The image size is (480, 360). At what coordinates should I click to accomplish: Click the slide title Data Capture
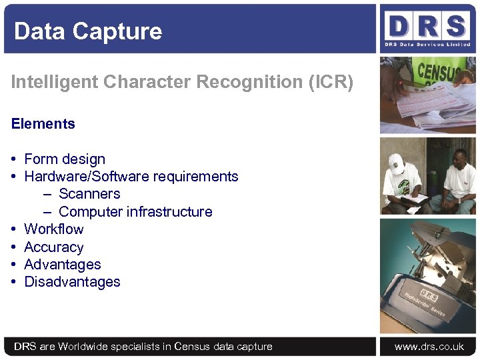coord(88,31)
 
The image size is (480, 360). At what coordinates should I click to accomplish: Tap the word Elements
coord(43,123)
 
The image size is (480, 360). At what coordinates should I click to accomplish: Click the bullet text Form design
coord(65,159)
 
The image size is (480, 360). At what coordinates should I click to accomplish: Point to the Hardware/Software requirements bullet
coord(131,176)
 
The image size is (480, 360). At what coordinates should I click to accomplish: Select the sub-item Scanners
coord(89,194)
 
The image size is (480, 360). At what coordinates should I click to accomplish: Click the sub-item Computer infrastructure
coord(135,211)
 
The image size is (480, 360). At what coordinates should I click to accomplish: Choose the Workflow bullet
coord(54,229)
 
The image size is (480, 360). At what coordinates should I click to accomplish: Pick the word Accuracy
coord(54,247)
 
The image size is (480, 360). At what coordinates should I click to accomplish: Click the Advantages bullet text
coord(63,264)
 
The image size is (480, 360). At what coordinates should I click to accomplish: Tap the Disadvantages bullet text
coord(72,282)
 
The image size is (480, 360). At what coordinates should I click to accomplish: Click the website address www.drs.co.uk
coord(429,347)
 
